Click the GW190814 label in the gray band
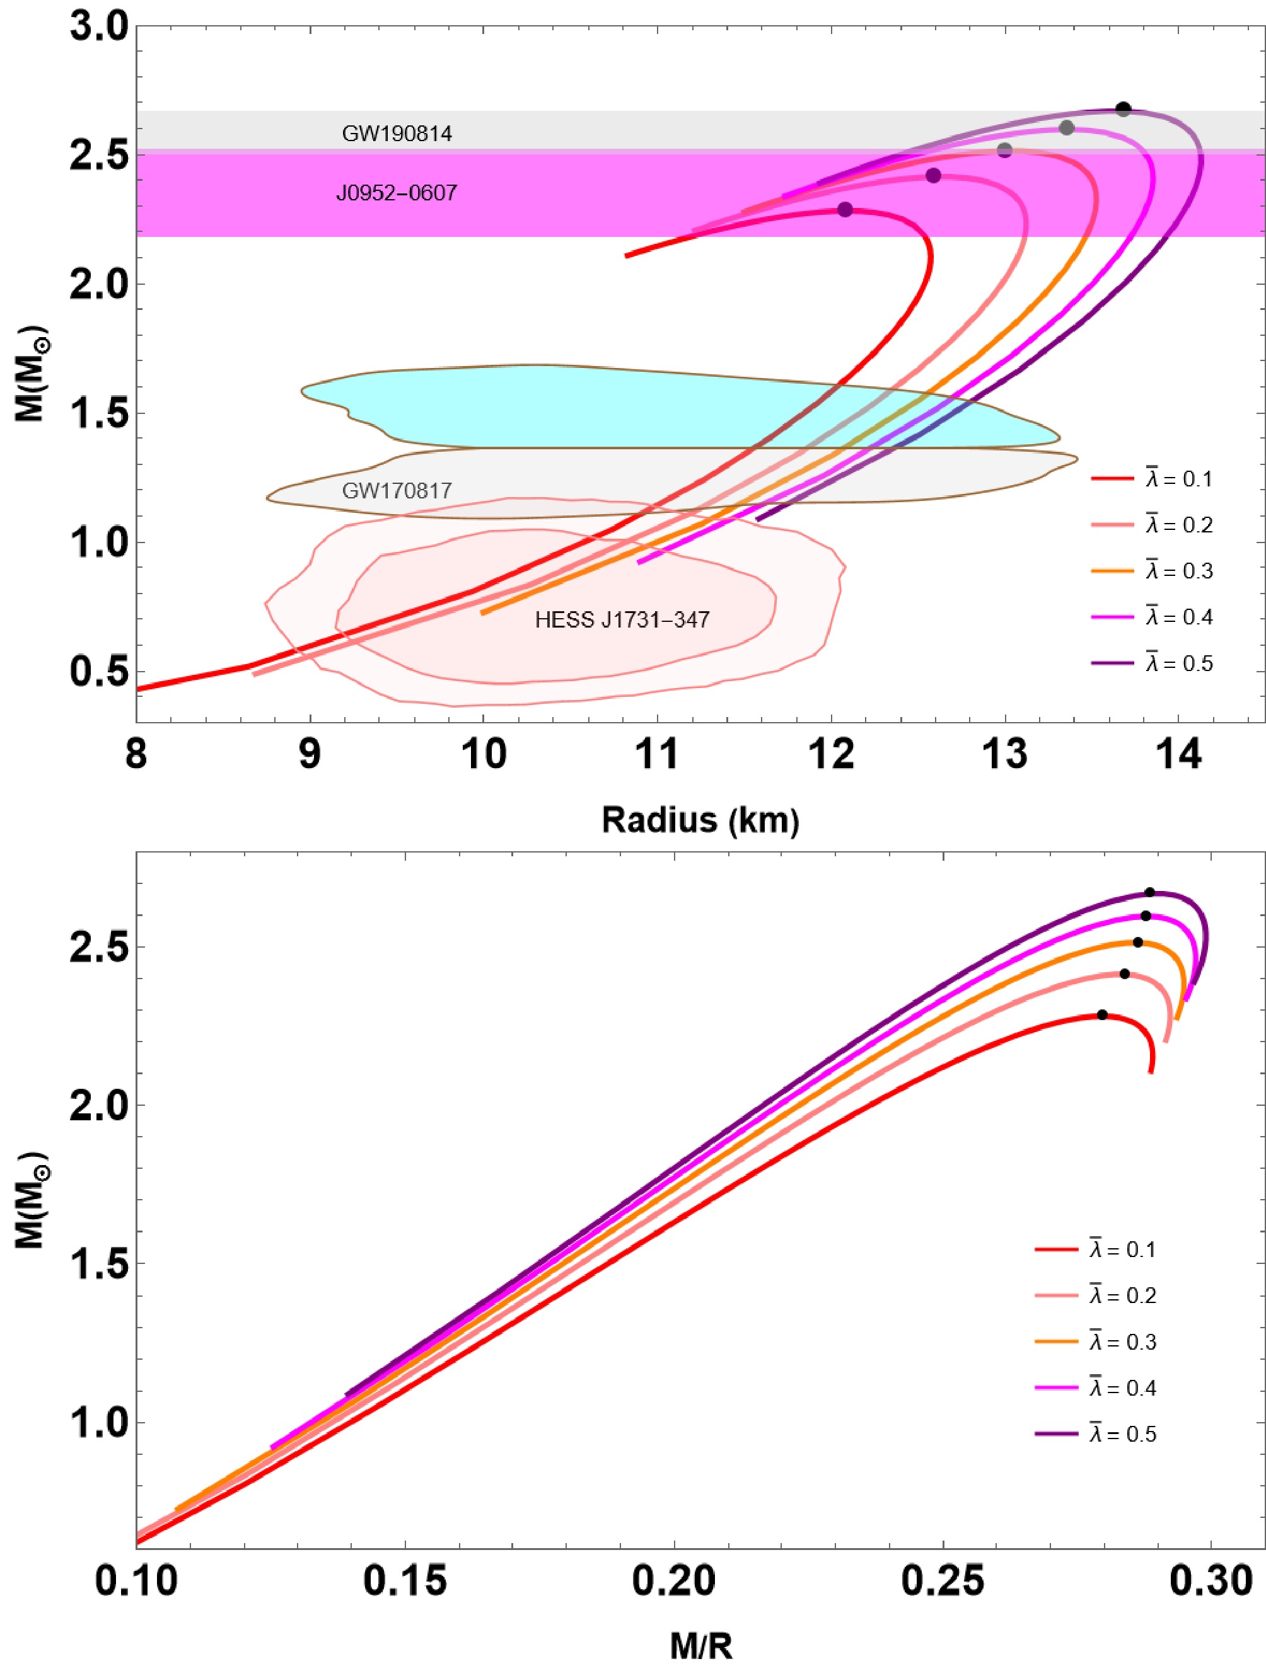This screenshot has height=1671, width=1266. [x=397, y=134]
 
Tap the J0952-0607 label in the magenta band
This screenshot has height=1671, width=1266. [x=397, y=193]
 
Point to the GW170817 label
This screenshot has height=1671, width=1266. [x=397, y=491]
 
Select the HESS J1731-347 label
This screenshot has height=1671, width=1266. [x=622, y=620]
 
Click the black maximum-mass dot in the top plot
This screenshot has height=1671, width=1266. [x=1123, y=109]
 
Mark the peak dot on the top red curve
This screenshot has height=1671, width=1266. [x=845, y=209]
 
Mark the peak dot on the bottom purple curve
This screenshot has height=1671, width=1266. [x=1149, y=892]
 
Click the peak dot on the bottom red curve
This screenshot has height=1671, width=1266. [x=1102, y=1014]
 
